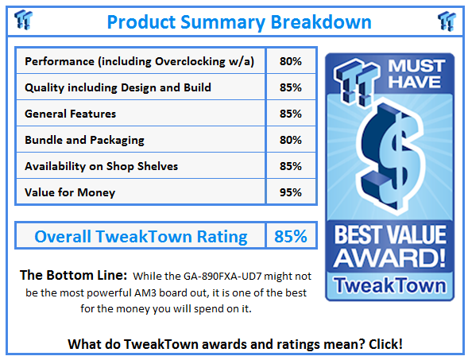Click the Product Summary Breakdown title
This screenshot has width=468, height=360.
pyautogui.click(x=238, y=21)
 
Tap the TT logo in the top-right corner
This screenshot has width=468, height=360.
pyautogui.click(x=447, y=20)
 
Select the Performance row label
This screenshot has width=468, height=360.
pyautogui.click(x=139, y=61)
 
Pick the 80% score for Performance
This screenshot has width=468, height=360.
pyautogui.click(x=290, y=61)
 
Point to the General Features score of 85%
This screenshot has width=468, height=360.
pyautogui.click(x=290, y=114)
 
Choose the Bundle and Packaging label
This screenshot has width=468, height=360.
pyautogui.click(x=84, y=140)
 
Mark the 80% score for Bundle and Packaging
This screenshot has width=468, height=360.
pyautogui.click(x=290, y=140)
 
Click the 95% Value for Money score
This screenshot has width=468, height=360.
pyautogui.click(x=290, y=192)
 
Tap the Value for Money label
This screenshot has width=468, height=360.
pyautogui.click(x=70, y=192)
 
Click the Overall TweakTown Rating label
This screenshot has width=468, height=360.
pyautogui.click(x=141, y=236)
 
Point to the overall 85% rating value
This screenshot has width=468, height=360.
pyautogui.click(x=291, y=236)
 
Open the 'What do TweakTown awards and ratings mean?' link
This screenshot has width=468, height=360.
pyautogui.click(x=234, y=343)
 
